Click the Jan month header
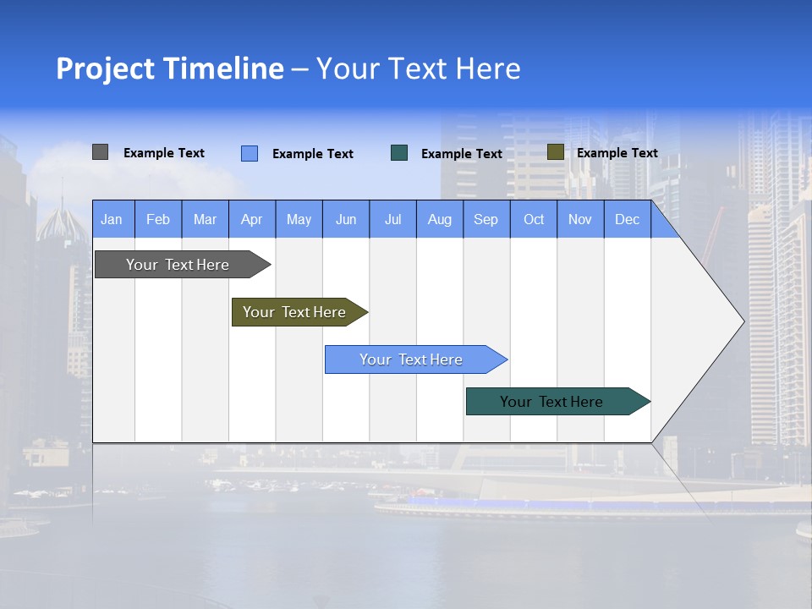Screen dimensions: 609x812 [112, 219]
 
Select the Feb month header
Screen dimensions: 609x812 [158, 219]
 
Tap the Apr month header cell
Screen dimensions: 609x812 [252, 219]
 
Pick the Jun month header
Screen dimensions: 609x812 [346, 219]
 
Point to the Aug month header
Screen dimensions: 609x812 [440, 219]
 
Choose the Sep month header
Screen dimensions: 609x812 [486, 219]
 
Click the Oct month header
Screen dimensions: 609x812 [534, 219]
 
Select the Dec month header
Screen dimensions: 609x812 [628, 219]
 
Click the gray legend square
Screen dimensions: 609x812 [100, 152]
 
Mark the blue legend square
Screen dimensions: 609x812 [250, 153]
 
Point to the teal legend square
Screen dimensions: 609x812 [399, 153]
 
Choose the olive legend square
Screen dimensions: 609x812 [555, 152]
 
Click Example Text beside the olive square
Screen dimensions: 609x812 [617, 153]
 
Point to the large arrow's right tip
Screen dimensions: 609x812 [743, 321]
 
